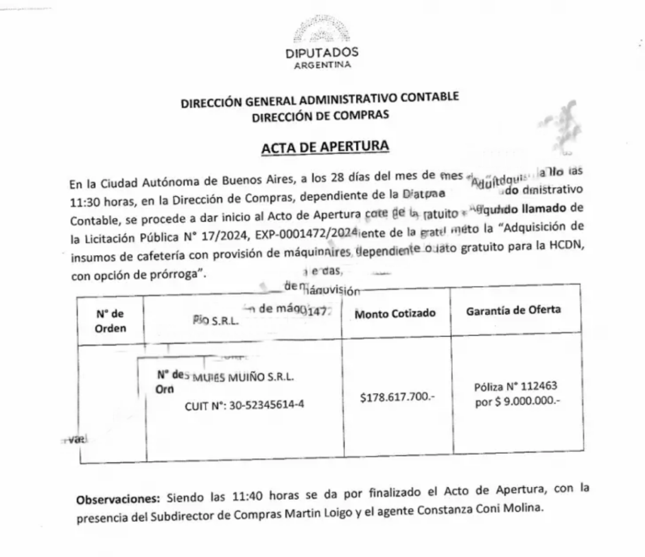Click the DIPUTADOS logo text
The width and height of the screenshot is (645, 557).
click(x=321, y=52)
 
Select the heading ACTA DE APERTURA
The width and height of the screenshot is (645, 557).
click(x=325, y=147)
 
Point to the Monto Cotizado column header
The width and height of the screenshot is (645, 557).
click(x=395, y=313)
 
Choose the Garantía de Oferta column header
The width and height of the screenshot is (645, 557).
click(x=513, y=310)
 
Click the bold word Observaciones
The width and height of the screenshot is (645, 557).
click(x=118, y=500)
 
